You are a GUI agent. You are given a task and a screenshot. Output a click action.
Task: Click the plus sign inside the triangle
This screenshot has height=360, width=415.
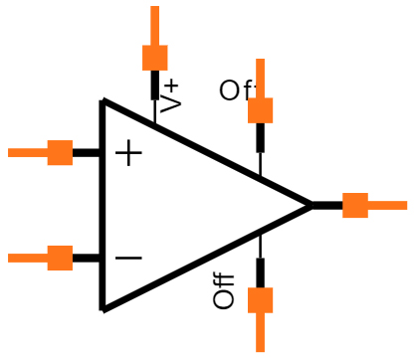pos(128,153)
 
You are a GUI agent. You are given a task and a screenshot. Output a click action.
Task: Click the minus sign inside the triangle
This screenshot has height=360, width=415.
pos(128,259)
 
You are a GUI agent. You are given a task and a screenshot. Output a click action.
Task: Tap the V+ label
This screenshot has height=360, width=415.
pos(170,94)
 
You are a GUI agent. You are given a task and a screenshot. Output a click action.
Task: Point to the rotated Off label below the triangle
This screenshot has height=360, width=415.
pos(224,291)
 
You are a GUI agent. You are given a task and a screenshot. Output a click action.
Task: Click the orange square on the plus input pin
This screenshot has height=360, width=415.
pos(60,152)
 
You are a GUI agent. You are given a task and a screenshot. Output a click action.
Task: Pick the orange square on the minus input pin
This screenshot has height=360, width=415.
pos(60,259)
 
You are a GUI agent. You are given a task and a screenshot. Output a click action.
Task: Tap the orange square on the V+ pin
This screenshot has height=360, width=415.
pos(154,57)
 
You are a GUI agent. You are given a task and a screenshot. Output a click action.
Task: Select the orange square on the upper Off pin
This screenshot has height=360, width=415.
pos(260,109)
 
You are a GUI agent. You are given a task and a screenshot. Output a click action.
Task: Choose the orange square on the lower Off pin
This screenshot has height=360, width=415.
pos(260,300)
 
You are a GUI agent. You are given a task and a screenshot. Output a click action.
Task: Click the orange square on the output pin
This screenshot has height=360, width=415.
pos(355,206)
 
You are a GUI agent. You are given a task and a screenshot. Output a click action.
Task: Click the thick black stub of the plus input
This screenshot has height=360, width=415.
pos(87,152)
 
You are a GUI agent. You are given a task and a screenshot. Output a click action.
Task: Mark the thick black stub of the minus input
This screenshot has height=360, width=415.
pos(87,259)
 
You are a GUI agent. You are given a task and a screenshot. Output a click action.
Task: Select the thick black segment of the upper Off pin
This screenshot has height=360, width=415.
pos(260,137)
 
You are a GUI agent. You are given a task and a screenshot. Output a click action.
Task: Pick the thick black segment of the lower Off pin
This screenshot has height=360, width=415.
pos(260,272)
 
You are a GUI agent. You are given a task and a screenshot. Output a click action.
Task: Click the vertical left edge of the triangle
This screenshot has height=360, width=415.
pos(103,205)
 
